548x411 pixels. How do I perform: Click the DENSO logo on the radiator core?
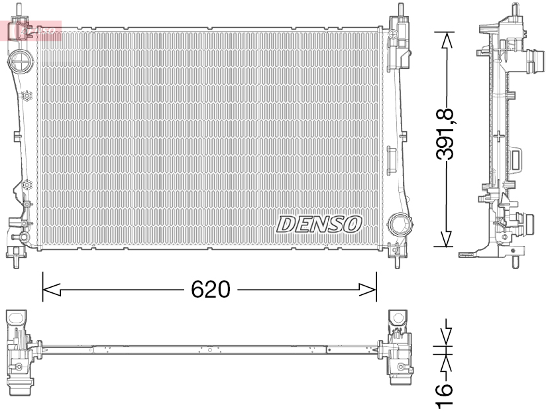click(319, 224)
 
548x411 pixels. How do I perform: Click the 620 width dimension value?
click(210, 290)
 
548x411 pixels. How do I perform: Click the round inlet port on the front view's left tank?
click(20, 64)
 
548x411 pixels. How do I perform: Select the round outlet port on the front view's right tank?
click(399, 224)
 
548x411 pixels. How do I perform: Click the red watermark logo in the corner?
click(32, 30)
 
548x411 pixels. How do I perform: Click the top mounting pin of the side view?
click(514, 9)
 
